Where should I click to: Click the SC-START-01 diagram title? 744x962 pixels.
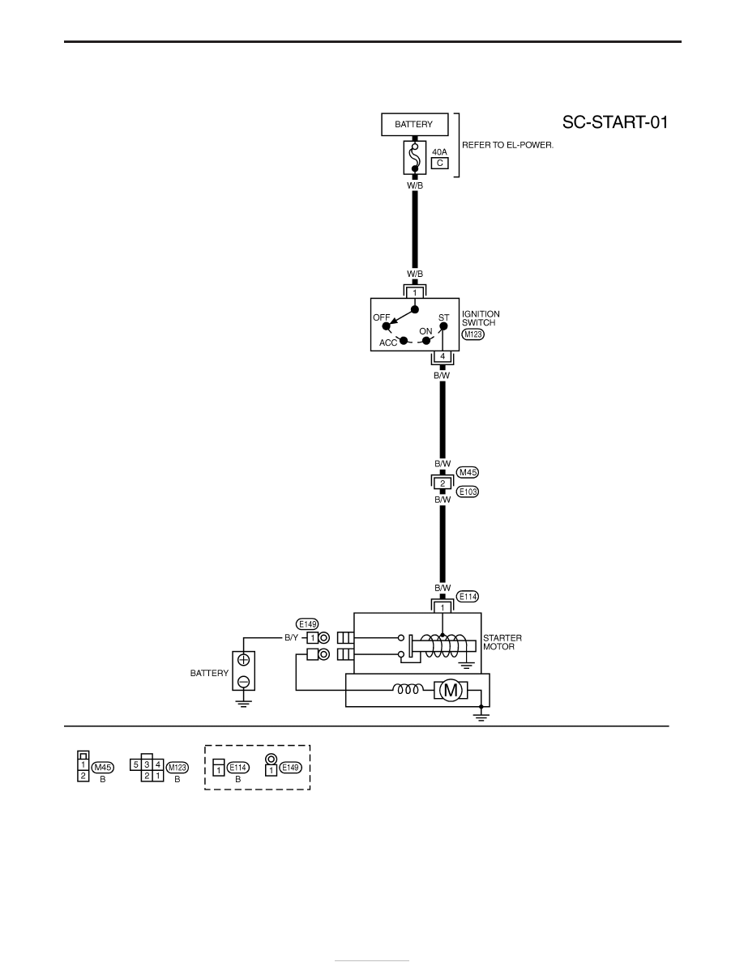[x=615, y=122]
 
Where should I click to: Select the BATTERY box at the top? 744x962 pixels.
[x=414, y=125]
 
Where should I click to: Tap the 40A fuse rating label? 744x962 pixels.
[x=439, y=151]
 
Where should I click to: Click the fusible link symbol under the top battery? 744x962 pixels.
[x=415, y=158]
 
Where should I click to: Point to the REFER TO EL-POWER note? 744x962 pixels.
[x=507, y=146]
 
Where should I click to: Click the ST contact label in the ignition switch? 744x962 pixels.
[x=444, y=317]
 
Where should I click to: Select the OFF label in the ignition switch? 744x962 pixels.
[x=381, y=317]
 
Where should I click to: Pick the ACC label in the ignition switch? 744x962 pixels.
[x=388, y=343]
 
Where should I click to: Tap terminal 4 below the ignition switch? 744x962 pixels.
[x=443, y=356]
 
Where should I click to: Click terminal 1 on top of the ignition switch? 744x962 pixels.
[x=415, y=292]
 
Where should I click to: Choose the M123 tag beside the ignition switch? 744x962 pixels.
[x=472, y=334]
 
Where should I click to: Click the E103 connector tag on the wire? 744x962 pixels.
[x=468, y=492]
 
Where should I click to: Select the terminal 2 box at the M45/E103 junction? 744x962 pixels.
[x=443, y=483]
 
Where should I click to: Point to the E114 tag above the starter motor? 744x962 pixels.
[x=468, y=596]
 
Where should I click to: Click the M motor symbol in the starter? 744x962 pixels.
[x=451, y=691]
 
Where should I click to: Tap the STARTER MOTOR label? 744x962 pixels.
[x=502, y=642]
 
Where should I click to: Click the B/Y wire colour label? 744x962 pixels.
[x=291, y=638]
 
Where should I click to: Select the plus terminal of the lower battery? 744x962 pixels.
[x=244, y=660]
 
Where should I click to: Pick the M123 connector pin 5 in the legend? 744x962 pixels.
[x=135, y=765]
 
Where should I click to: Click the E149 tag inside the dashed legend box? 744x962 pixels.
[x=291, y=768]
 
